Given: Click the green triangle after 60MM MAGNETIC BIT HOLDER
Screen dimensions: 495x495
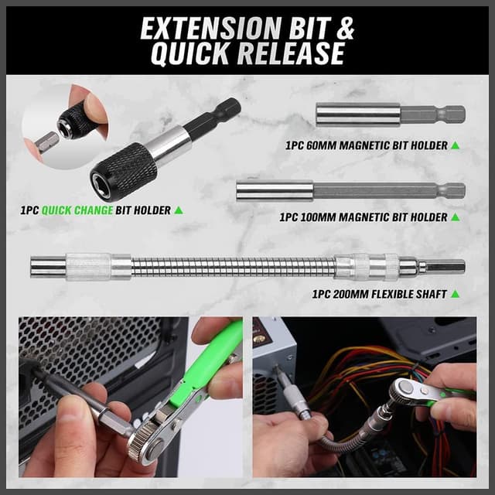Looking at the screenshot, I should click(x=456, y=145).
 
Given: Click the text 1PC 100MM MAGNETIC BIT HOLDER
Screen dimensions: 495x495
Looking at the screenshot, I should click(x=364, y=217).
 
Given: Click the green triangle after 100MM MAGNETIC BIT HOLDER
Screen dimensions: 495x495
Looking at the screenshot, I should click(x=456, y=217).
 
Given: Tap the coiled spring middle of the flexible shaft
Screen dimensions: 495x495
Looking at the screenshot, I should click(x=232, y=267).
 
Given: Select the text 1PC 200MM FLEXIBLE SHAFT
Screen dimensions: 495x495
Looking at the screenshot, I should click(x=378, y=294).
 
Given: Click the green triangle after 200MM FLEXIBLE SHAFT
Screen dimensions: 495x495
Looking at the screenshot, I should click(x=455, y=294).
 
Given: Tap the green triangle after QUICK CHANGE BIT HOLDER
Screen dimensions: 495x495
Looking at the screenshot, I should click(x=179, y=210).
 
